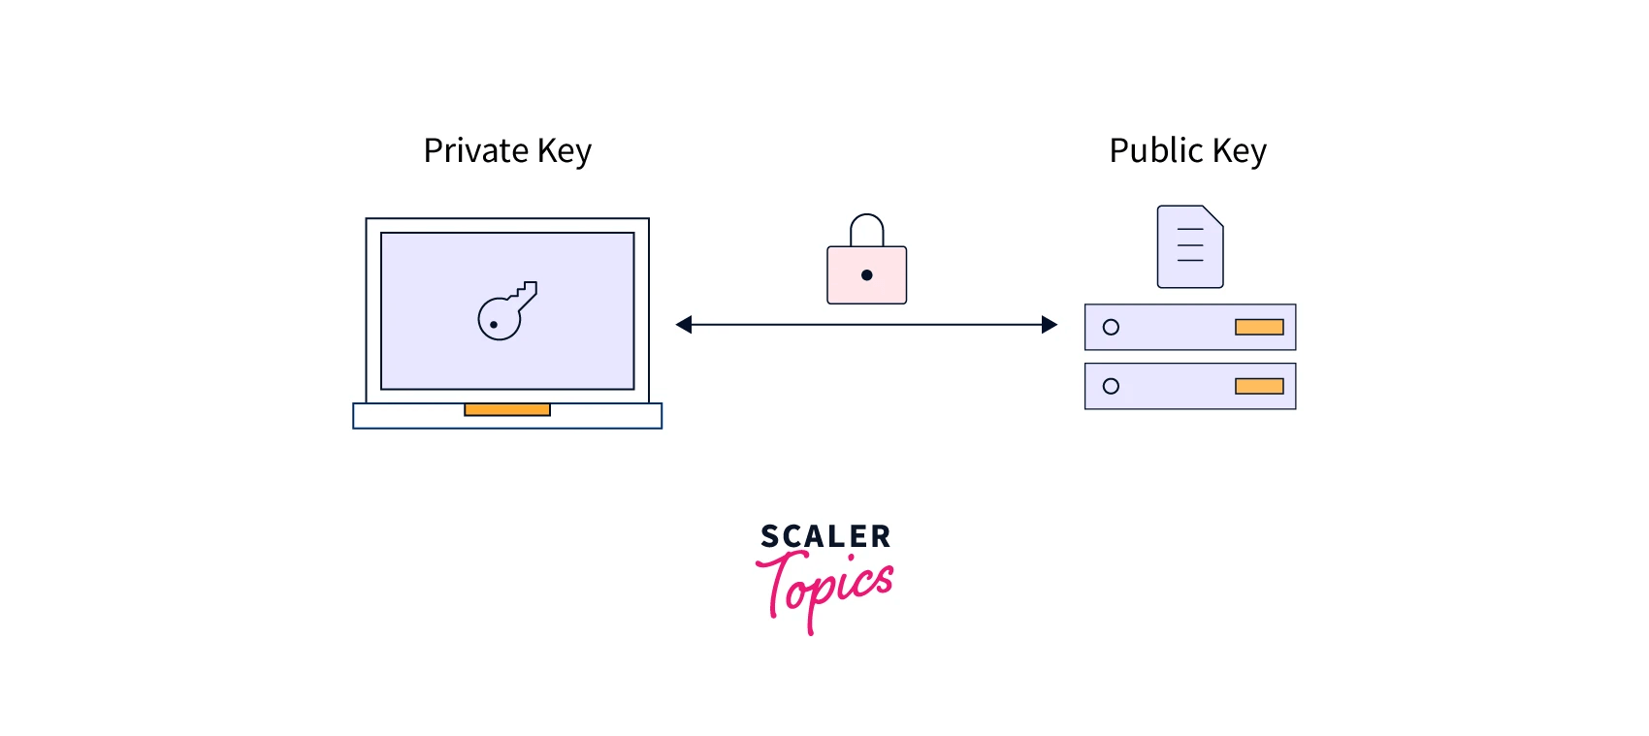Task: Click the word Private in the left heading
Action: [475, 151]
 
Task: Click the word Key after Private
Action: [564, 152]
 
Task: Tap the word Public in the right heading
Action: [1156, 151]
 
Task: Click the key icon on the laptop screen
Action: [506, 311]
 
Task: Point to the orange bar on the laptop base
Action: [507, 410]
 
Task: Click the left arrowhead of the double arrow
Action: [684, 325]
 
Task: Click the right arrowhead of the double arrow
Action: [1050, 325]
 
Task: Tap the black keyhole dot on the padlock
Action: [866, 275]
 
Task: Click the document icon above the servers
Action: [1189, 247]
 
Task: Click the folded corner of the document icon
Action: [1213, 214]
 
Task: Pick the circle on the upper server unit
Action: [1111, 328]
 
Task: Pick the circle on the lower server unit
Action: [1111, 386]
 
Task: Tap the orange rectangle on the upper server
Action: [1259, 328]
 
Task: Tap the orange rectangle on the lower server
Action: [1259, 386]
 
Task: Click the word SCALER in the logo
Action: [824, 536]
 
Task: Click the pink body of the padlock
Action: [844, 286]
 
